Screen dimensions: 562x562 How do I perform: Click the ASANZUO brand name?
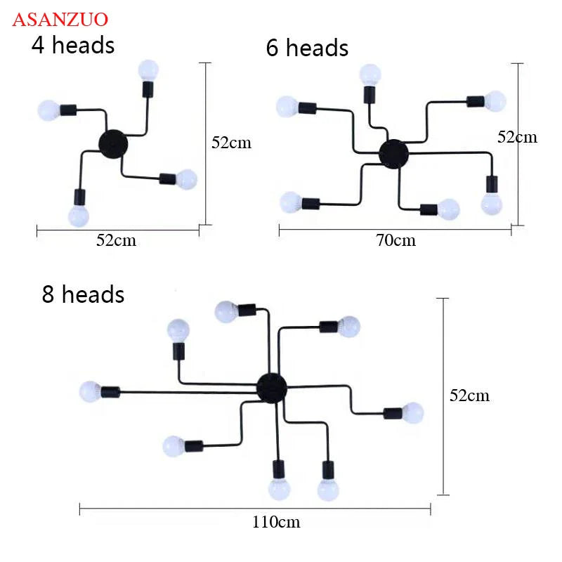coord(60,18)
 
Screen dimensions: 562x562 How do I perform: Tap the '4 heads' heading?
coord(72,45)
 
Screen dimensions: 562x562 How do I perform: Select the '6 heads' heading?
coord(307,48)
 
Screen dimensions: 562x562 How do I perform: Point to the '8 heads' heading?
coord(83,294)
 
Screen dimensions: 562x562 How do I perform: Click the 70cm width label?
coord(396,240)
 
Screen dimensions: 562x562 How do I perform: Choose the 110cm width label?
coord(276,521)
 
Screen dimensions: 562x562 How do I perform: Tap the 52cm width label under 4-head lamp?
coord(116,240)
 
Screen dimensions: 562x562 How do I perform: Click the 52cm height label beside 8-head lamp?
coord(469,396)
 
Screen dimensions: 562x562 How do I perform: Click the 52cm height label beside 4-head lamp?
coord(231,143)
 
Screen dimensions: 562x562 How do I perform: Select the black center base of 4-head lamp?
coord(113,143)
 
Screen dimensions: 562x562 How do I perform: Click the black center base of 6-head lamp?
coord(393,152)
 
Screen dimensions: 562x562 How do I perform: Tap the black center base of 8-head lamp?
coord(272,387)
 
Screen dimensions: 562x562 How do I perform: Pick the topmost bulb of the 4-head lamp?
coord(148,69)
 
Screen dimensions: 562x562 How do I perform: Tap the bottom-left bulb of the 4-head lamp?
coord(78,216)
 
